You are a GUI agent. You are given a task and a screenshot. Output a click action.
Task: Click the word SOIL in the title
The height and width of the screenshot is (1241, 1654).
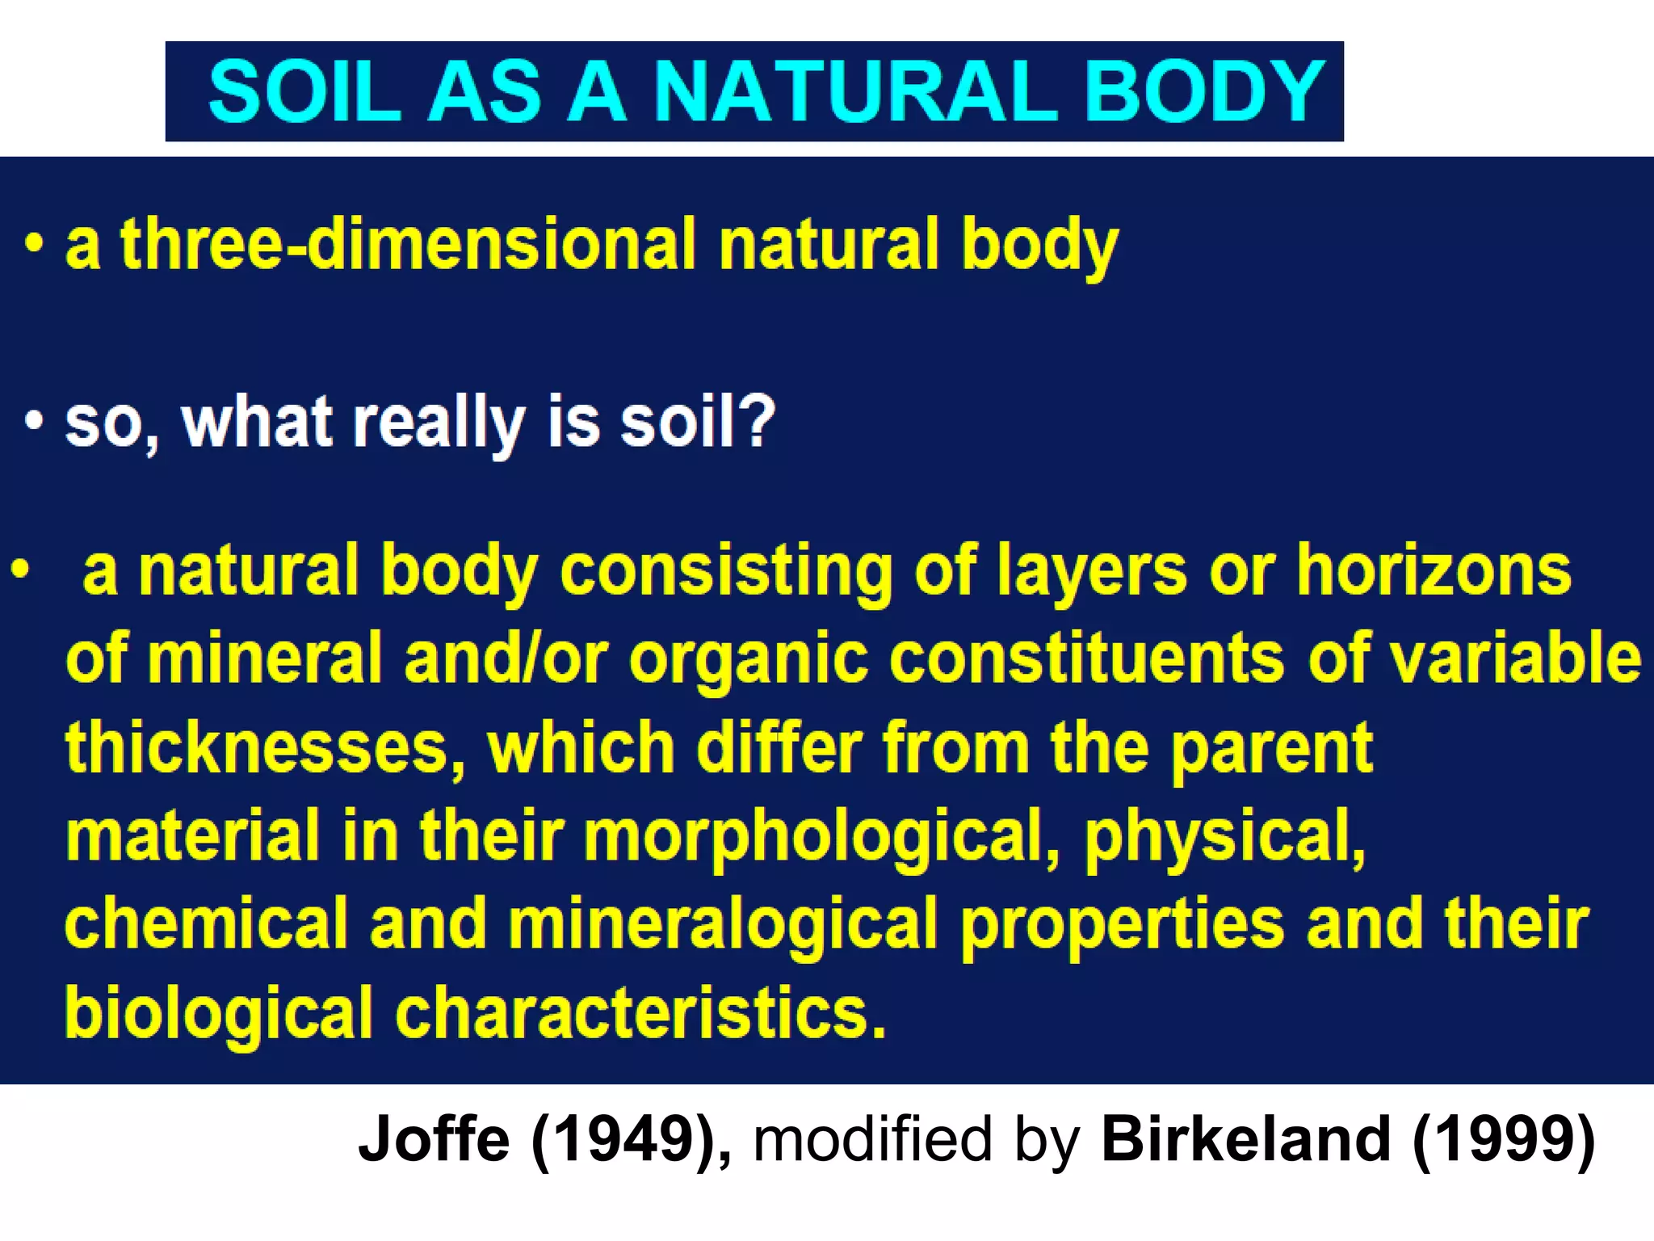[x=304, y=91]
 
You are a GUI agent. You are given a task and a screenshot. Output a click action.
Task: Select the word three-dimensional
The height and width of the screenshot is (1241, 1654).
[x=408, y=244]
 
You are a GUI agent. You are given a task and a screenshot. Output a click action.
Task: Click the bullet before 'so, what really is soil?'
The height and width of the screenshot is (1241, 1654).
[x=33, y=421]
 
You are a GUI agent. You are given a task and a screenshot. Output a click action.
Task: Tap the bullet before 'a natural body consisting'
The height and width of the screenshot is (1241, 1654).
[x=20, y=570]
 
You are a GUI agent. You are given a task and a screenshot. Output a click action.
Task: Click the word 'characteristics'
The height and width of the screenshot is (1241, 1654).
[x=640, y=1012]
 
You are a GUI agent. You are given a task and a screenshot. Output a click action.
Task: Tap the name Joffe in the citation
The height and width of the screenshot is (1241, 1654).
[x=434, y=1138]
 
